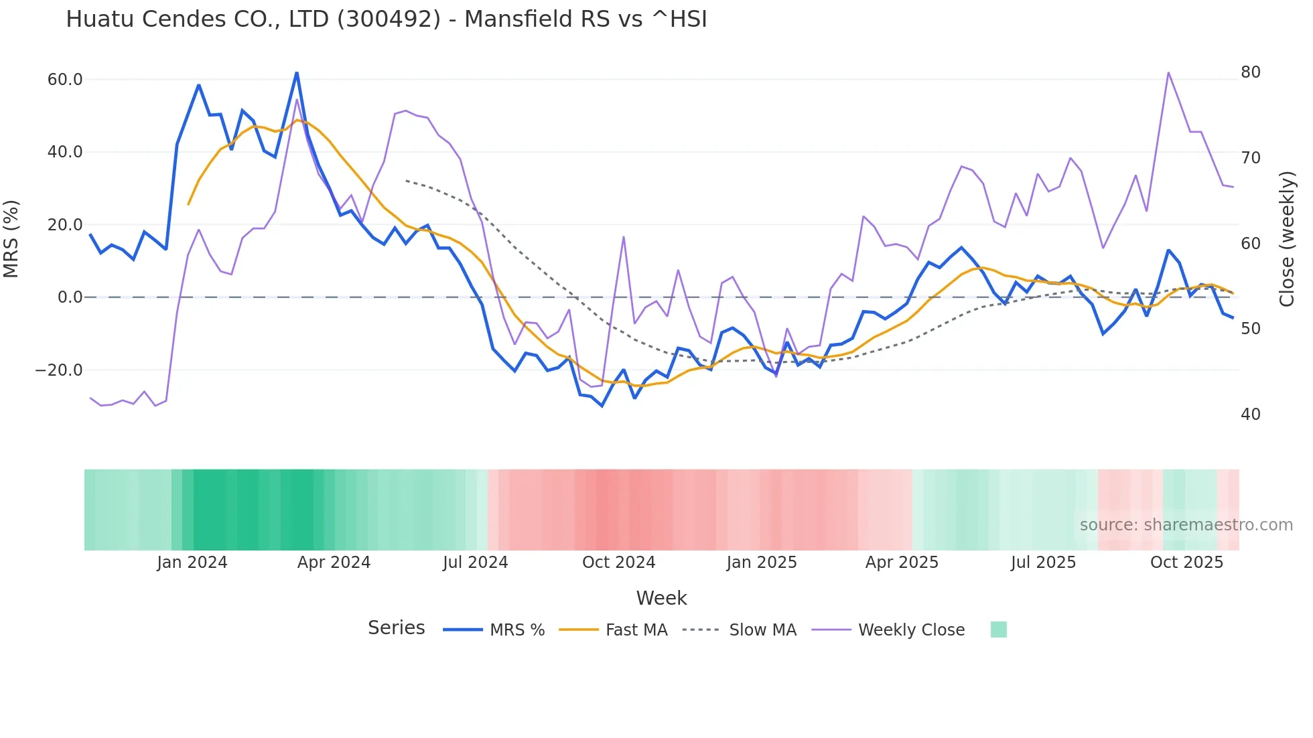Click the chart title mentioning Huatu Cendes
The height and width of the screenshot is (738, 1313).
(x=386, y=19)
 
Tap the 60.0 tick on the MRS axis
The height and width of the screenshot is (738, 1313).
(x=64, y=80)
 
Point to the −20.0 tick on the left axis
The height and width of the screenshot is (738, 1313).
(x=59, y=370)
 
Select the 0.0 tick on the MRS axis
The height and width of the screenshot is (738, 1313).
(x=70, y=297)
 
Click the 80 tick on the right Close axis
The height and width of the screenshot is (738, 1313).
(x=1251, y=72)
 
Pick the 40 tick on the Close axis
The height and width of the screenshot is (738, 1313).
(x=1251, y=415)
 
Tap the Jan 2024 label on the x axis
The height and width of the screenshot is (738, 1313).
(x=192, y=563)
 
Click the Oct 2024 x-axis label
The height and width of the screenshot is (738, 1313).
(x=618, y=563)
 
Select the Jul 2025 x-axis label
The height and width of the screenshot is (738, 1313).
(x=1043, y=563)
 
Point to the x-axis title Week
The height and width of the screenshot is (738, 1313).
(x=661, y=598)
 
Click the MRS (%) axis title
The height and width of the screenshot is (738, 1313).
(x=11, y=238)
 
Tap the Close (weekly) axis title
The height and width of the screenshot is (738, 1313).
(x=1287, y=238)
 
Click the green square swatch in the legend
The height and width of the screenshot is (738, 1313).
(x=998, y=630)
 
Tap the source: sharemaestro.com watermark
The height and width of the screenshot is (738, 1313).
(x=1186, y=525)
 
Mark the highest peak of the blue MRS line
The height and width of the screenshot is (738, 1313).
(x=297, y=72)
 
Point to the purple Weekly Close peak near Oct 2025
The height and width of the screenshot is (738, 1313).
(x=1168, y=72)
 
